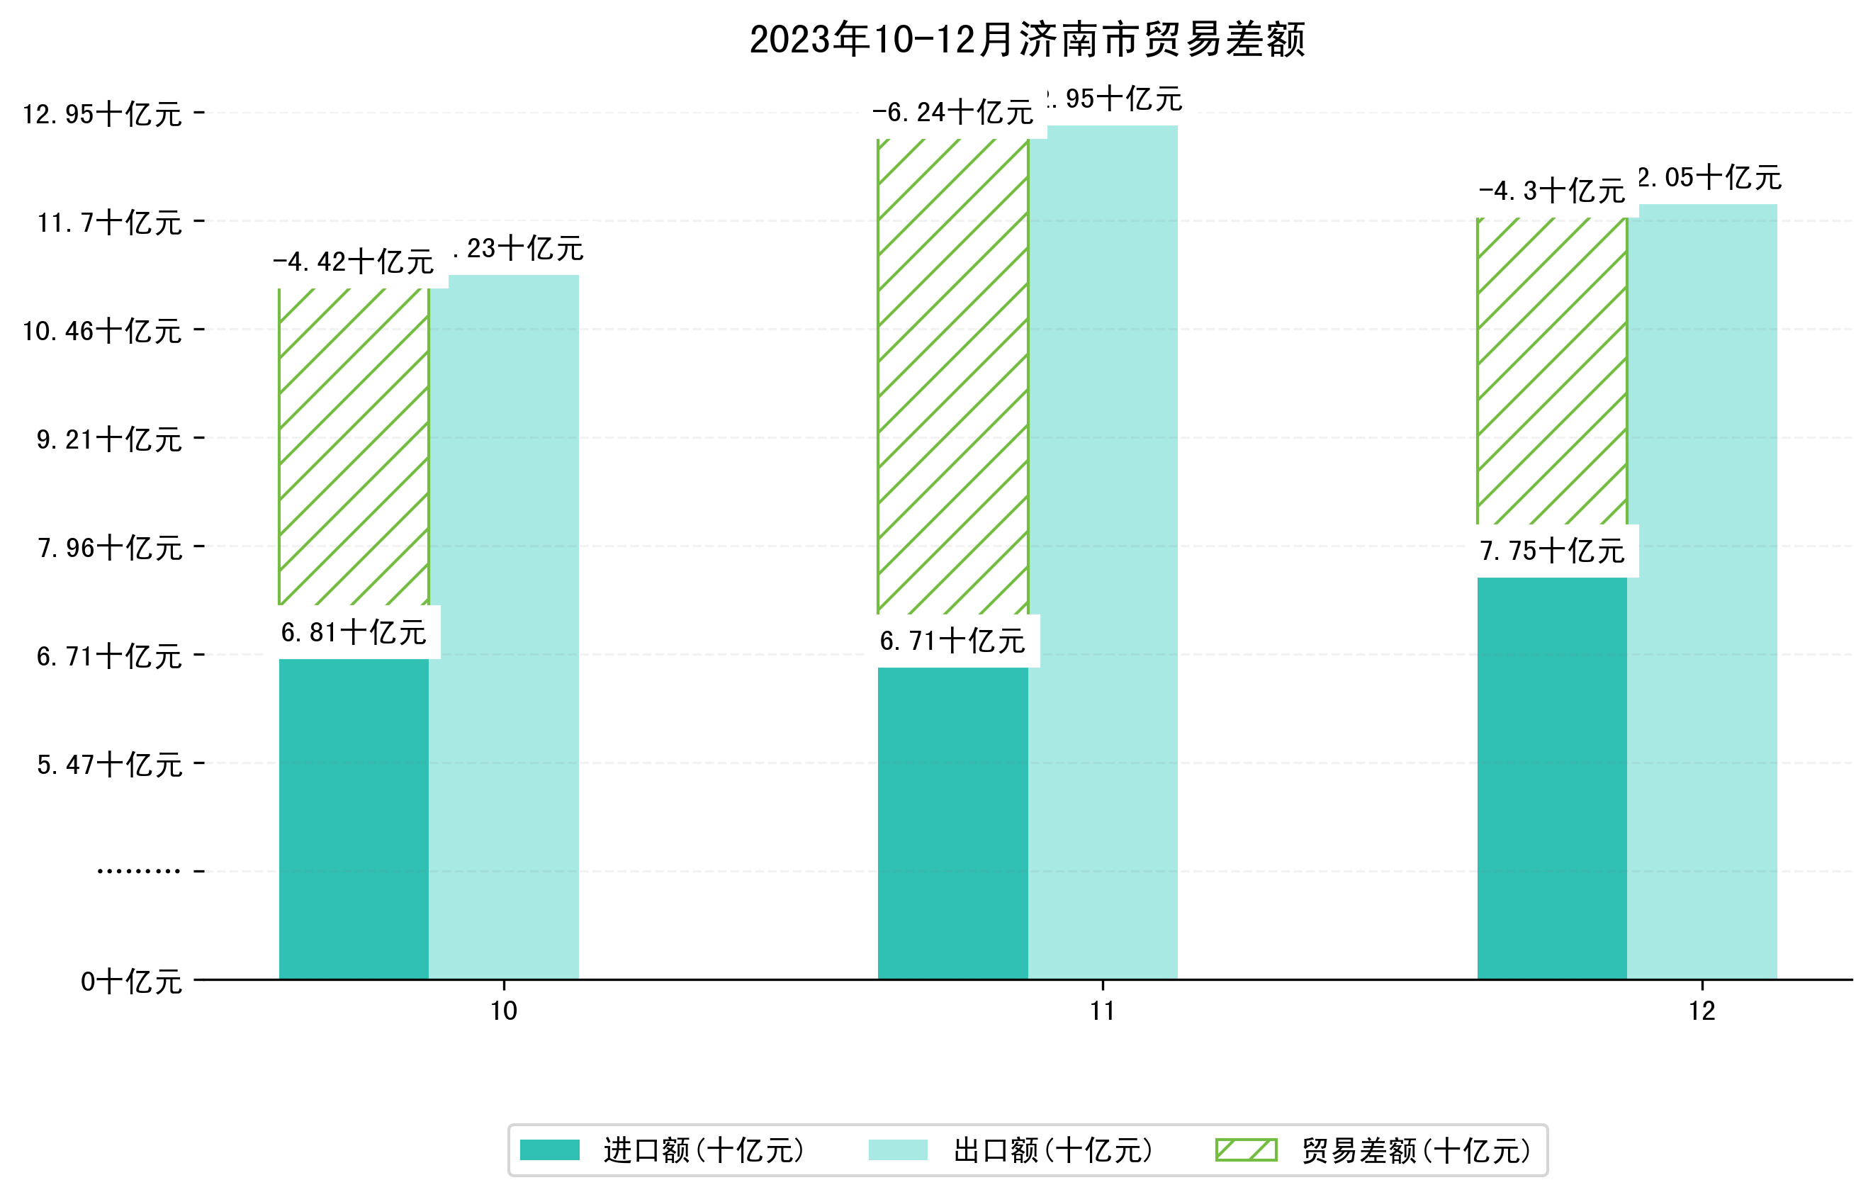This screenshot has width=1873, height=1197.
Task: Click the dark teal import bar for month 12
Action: pyautogui.click(x=1552, y=777)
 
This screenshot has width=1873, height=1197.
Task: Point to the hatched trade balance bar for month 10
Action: pyautogui.click(x=354, y=446)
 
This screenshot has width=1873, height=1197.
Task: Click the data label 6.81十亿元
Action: pyautogui.click(x=354, y=632)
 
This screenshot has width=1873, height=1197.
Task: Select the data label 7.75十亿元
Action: pyautogui.click(x=1553, y=551)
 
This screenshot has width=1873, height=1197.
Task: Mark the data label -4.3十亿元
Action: pyautogui.click(x=1553, y=191)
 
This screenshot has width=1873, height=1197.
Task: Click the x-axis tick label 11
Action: pyautogui.click(x=1103, y=1011)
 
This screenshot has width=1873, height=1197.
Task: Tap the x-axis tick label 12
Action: pyautogui.click(x=1702, y=1011)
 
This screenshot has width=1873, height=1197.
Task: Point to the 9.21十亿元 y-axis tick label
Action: pyautogui.click(x=110, y=440)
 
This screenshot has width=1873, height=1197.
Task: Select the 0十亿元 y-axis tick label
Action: pyautogui.click(x=131, y=982)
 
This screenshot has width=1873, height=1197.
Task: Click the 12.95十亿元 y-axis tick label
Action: pyautogui.click(x=102, y=114)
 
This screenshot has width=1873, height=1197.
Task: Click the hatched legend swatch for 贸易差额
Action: pyautogui.click(x=1246, y=1150)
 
